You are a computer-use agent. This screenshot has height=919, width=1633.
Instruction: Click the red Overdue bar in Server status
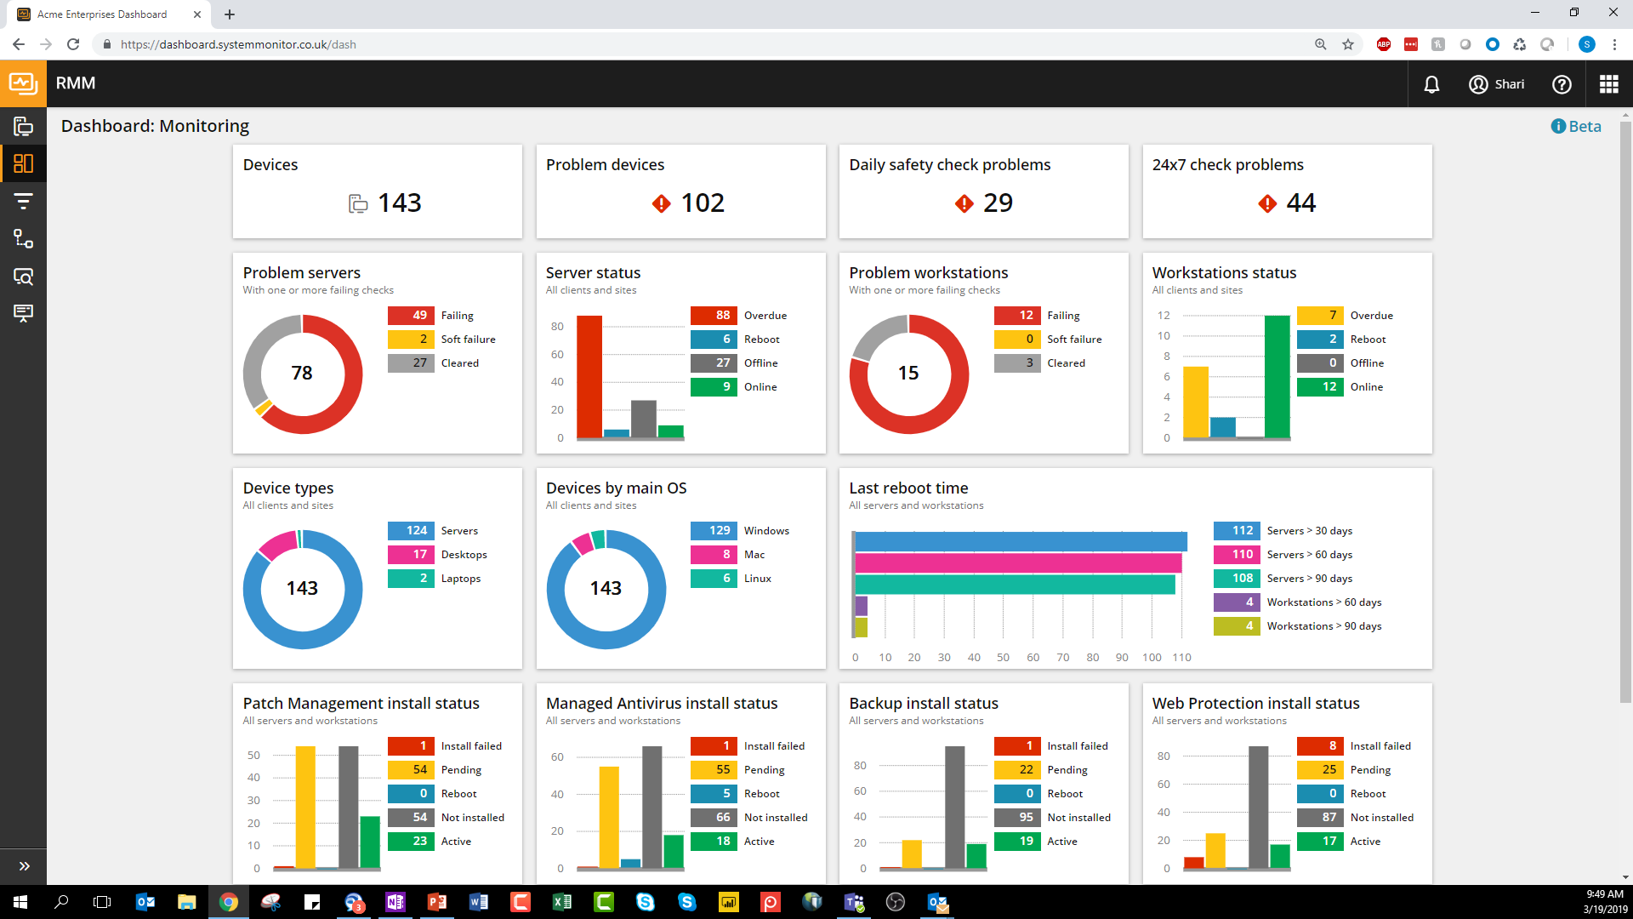click(589, 376)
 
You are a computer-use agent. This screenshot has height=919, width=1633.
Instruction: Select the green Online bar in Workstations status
click(1277, 376)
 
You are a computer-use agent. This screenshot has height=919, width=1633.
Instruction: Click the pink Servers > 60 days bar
click(1017, 563)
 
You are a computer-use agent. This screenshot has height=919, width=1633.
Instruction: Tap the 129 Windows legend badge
click(714, 530)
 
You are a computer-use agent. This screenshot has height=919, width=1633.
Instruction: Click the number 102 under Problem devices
click(703, 203)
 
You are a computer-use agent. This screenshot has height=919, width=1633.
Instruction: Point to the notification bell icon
click(1431, 84)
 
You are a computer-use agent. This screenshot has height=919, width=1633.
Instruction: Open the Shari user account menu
click(1497, 84)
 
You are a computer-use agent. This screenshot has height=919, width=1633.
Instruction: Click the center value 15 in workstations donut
click(908, 373)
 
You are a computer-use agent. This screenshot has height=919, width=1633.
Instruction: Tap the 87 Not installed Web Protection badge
click(1320, 817)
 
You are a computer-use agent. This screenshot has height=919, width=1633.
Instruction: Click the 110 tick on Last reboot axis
click(1181, 657)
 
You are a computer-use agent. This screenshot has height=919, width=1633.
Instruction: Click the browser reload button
click(73, 44)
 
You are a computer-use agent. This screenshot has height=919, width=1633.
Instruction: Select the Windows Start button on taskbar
click(20, 902)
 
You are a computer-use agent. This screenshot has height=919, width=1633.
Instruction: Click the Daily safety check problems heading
click(949, 165)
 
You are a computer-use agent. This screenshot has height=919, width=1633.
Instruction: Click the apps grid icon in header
click(1607, 84)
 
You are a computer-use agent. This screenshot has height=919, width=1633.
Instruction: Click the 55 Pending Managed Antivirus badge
click(714, 769)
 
